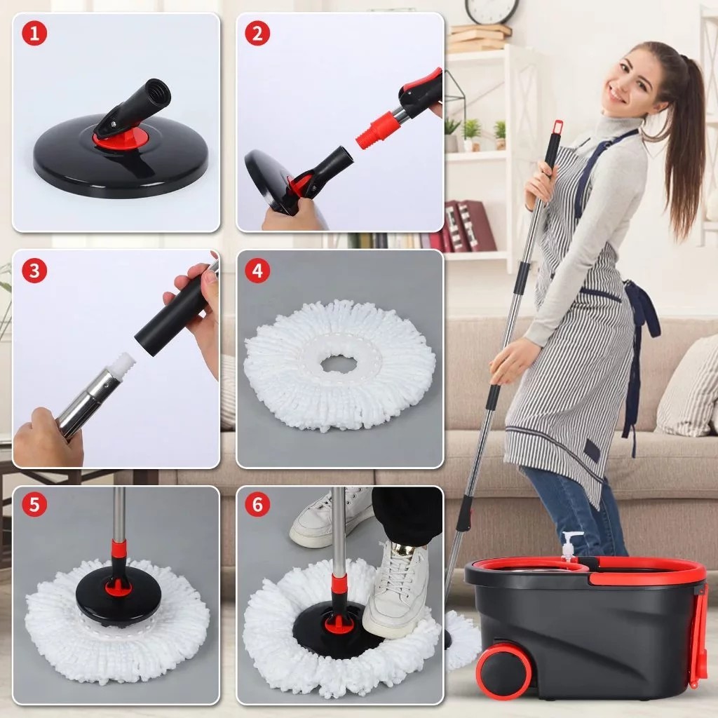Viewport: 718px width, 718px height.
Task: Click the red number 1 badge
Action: pos(34,33)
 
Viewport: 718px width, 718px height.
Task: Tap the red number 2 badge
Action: pos(257,33)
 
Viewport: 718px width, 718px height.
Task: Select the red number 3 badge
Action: pos(34,270)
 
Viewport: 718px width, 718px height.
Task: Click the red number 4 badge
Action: pos(257,270)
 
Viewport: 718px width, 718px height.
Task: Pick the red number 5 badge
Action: pos(34,504)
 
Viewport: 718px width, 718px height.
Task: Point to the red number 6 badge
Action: pos(257,504)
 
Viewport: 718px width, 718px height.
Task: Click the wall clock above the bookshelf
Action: pos(492,10)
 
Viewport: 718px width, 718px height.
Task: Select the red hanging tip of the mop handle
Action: pos(557,128)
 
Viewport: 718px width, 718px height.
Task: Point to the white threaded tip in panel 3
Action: pos(123,365)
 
